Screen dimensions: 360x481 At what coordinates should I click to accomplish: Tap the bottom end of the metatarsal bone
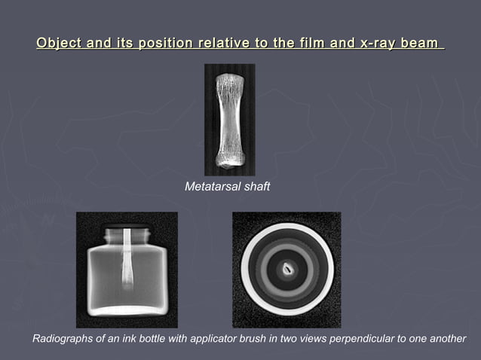(229, 159)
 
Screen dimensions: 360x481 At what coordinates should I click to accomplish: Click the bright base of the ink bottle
(127, 310)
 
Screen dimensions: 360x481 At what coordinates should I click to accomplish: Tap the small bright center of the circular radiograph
(286, 267)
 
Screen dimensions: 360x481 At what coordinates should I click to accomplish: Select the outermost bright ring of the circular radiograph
(286, 227)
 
